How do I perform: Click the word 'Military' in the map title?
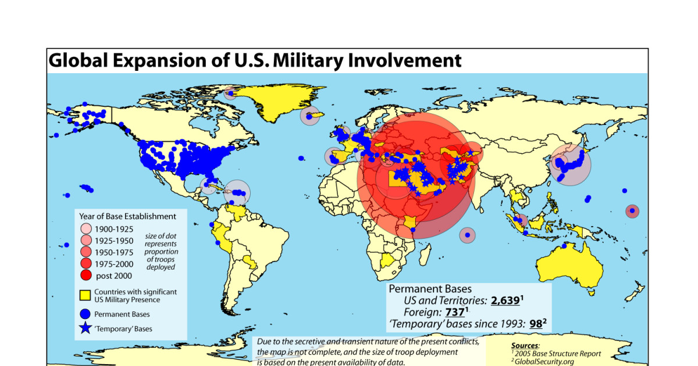(x=308, y=60)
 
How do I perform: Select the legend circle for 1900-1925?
(x=86, y=229)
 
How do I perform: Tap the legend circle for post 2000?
(x=86, y=275)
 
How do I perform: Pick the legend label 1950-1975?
(x=114, y=252)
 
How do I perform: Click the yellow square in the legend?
(x=85, y=295)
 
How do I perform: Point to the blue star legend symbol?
(x=85, y=328)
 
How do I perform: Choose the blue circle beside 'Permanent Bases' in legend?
(x=85, y=314)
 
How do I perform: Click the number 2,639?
(x=505, y=300)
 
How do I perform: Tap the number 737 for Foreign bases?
(x=455, y=312)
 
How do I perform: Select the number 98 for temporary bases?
(x=536, y=324)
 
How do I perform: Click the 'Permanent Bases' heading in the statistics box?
(x=430, y=289)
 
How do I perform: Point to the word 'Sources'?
(x=525, y=346)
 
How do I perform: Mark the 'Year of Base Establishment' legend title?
(x=127, y=216)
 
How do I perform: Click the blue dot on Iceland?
(x=309, y=117)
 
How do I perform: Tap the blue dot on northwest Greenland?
(x=231, y=93)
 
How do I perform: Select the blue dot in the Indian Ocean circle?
(x=468, y=235)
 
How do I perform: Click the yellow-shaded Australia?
(x=569, y=268)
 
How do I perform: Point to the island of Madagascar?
(x=425, y=254)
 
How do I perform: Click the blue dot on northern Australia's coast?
(x=564, y=246)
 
